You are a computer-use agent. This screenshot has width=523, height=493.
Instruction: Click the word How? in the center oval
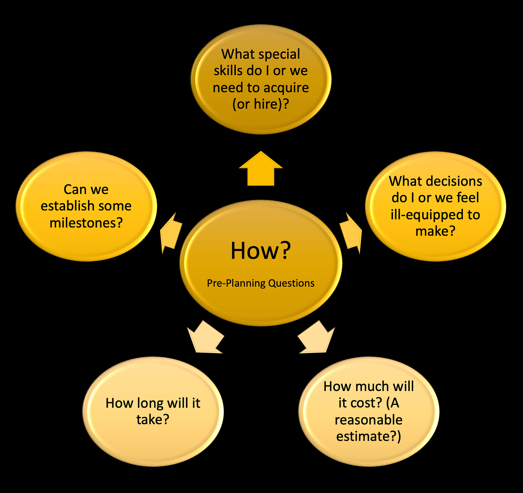point(261,251)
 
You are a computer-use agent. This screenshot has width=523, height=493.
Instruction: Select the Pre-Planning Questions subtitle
point(260,283)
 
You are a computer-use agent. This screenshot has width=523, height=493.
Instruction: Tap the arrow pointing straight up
point(261,168)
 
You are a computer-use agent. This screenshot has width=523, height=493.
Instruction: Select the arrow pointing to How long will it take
point(206,337)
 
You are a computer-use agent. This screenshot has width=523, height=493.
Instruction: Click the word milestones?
point(86,223)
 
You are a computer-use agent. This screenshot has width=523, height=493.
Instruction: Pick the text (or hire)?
point(261,104)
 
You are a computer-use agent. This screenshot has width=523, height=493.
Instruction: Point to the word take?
point(153,419)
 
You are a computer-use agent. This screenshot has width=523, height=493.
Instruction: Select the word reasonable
point(368,420)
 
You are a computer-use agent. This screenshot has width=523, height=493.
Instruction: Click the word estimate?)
point(368,436)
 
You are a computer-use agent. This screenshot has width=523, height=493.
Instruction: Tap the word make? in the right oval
point(435,231)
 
